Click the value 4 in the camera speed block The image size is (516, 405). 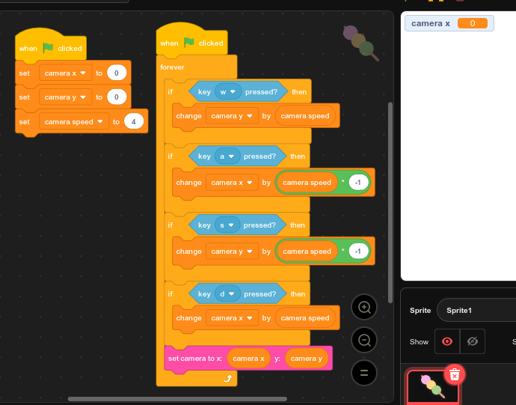[134, 121]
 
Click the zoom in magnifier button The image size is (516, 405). [364, 307]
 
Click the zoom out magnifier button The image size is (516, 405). [364, 340]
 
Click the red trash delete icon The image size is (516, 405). [454, 374]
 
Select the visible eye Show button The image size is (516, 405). [447, 341]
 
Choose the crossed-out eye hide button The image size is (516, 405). [472, 341]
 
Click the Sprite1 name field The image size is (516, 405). [479, 310]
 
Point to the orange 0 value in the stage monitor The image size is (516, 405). [472, 23]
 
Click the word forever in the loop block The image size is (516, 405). [172, 67]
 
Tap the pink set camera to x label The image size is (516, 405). [195, 359]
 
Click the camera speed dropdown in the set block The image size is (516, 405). [73, 121]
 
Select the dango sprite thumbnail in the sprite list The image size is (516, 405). [432, 386]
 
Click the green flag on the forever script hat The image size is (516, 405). [188, 43]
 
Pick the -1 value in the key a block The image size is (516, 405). [358, 183]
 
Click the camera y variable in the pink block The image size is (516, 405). [307, 359]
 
